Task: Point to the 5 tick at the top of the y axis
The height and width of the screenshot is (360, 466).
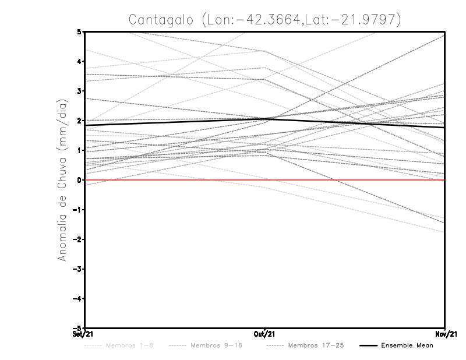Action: click(x=79, y=31)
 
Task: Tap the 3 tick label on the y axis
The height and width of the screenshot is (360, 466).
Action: click(x=79, y=91)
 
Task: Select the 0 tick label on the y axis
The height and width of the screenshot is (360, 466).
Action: click(x=79, y=180)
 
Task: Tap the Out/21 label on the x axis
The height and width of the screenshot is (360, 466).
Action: click(x=265, y=334)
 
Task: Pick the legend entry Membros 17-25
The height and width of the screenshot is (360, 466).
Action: click(x=316, y=345)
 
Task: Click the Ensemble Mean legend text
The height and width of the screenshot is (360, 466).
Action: click(x=407, y=345)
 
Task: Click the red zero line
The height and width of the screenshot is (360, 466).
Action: click(x=175, y=180)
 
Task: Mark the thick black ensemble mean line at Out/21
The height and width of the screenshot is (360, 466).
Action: click(x=265, y=119)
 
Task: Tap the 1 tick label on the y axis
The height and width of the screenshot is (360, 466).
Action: click(x=79, y=150)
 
